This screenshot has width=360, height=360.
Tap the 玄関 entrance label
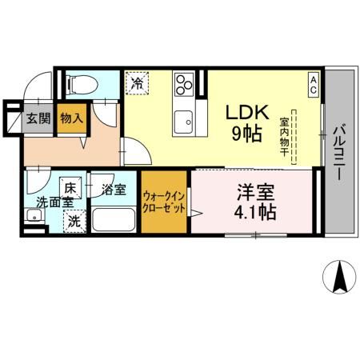tap(37, 119)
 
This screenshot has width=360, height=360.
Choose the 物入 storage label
tap(71, 119)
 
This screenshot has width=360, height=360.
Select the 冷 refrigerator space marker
tap(137, 82)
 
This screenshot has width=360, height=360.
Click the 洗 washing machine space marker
tap(73, 221)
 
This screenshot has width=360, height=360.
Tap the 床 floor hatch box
tap(70, 189)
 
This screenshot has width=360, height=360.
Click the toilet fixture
tap(81, 82)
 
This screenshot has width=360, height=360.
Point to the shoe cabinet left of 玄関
tap(13, 119)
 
